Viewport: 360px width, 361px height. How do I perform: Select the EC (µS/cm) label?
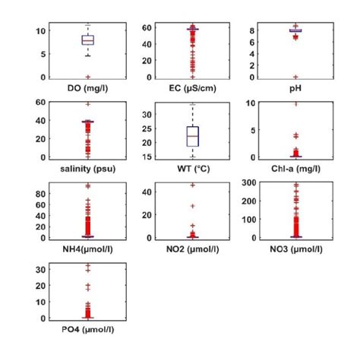pyautogui.click(x=193, y=89)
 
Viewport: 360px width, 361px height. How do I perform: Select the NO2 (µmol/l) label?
pyautogui.click(x=193, y=249)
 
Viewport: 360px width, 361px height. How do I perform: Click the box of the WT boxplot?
pyautogui.click(x=193, y=135)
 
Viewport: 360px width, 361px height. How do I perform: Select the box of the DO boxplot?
pyautogui.click(x=88, y=40)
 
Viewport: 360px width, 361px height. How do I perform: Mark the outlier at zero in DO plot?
pyautogui.click(x=88, y=77)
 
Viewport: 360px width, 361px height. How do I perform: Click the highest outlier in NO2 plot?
pyautogui.click(x=193, y=185)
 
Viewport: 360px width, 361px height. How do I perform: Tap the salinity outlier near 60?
pyautogui.click(x=88, y=104)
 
